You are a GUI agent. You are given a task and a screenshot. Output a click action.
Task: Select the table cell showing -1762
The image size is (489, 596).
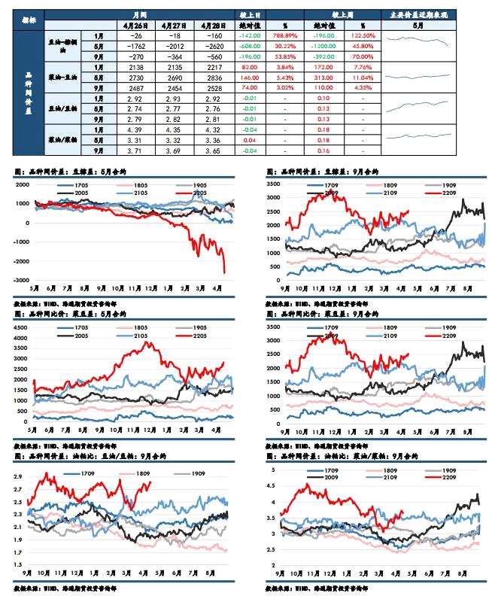(136, 45)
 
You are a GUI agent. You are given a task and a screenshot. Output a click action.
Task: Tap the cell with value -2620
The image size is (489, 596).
(213, 45)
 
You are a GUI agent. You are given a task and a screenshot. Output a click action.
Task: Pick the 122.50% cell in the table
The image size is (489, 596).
(363, 35)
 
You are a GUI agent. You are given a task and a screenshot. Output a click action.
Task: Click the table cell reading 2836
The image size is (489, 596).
(213, 78)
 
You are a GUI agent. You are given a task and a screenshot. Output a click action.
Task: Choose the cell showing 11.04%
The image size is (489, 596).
(363, 78)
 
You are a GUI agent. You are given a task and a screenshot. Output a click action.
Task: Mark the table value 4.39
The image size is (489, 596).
(136, 129)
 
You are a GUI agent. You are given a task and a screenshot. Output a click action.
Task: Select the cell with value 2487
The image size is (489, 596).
(136, 88)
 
